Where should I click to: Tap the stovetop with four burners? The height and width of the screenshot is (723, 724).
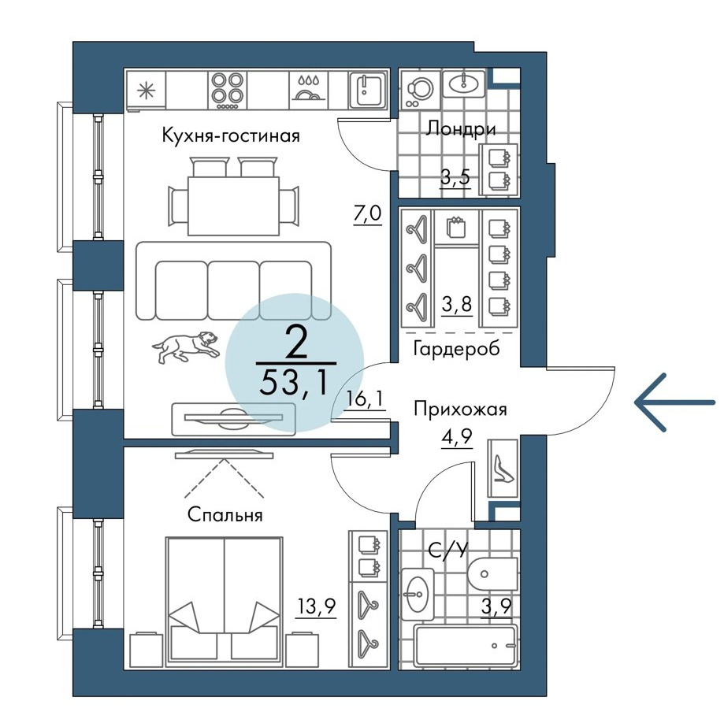[227, 90]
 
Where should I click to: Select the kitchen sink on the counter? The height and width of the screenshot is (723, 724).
[368, 90]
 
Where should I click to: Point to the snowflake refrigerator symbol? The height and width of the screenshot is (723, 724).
[147, 90]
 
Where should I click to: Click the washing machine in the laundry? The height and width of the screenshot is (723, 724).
[419, 90]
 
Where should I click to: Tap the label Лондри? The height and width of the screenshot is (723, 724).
[460, 129]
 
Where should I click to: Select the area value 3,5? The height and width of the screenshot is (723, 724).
[455, 177]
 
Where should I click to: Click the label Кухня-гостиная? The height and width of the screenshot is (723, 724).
[231, 135]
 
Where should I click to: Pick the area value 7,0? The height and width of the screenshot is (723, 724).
[368, 214]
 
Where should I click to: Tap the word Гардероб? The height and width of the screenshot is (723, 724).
[456, 349]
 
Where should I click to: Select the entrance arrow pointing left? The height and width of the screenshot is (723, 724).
[674, 402]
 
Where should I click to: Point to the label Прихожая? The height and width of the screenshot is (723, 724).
[460, 409]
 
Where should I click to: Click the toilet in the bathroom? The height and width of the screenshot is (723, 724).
[492, 574]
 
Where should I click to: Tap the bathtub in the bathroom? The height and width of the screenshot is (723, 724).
[465, 646]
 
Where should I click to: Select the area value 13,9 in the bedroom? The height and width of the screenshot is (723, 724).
[316, 606]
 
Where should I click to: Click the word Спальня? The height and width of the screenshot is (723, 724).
[225, 514]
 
